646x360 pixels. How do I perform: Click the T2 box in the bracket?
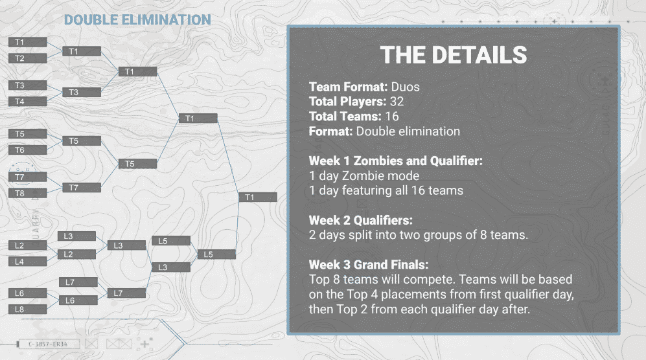(x=27, y=58)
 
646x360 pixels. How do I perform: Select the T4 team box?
(x=27, y=102)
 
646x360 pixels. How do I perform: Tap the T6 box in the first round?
(x=27, y=150)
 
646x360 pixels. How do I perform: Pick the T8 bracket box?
(x=27, y=193)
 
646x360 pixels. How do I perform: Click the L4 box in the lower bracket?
(x=27, y=262)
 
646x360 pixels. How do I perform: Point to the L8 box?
(x=27, y=309)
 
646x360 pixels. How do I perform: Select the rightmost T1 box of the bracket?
(x=257, y=197)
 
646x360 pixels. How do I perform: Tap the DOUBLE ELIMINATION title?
(x=137, y=20)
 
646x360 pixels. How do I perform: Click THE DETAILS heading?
(x=453, y=55)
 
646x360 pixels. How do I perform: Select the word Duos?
(x=406, y=86)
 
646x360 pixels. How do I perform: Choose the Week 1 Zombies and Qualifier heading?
(x=395, y=161)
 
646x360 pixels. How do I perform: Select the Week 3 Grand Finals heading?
(x=369, y=265)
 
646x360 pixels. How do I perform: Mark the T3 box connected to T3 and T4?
(x=82, y=93)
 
